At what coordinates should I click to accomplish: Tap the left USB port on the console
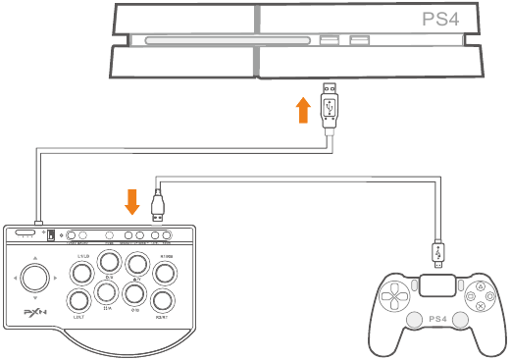(x=330, y=41)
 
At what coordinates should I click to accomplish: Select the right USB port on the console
(x=360, y=41)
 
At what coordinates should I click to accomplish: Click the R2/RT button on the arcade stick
(x=165, y=300)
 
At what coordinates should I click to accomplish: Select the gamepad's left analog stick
(x=414, y=319)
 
